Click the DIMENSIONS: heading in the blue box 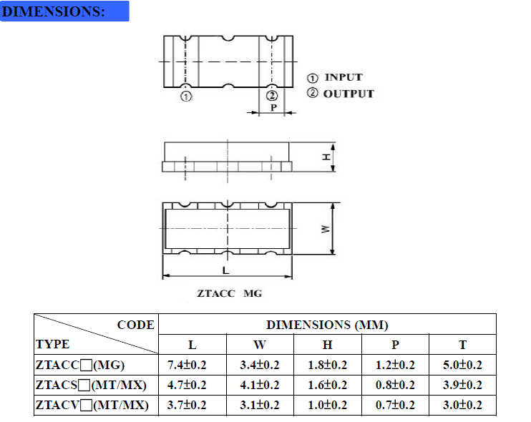[55, 11]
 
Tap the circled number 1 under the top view [186, 97]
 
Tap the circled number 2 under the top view [271, 97]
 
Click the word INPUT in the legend [344, 77]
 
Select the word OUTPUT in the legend [349, 94]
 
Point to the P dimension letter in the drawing [273, 108]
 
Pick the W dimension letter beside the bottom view [325, 229]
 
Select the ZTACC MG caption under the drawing [230, 293]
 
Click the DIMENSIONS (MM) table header [327, 325]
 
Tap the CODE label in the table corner [135, 325]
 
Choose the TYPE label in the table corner [53, 345]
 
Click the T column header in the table [462, 345]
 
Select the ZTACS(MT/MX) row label [91, 386]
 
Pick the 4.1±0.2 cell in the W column [259, 386]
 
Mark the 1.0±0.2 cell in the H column [327, 406]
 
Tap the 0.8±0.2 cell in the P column [395, 386]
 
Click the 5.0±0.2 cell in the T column [462, 365]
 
